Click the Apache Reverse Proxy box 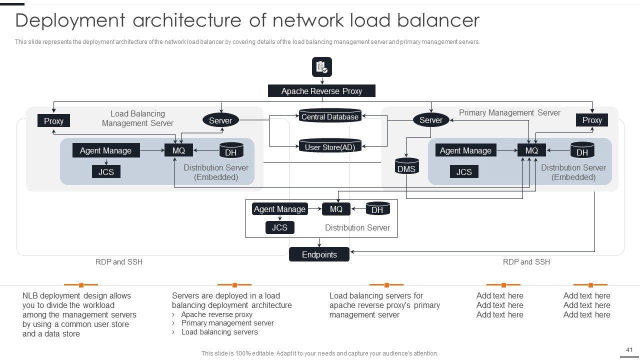point(321,91)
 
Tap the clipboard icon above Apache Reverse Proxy point(321,67)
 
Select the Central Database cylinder point(330,116)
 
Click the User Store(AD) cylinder point(330,147)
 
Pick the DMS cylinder point(406,167)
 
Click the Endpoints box point(319,254)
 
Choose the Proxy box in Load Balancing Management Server point(53,120)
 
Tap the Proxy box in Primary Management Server point(592,120)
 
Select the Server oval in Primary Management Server point(430,120)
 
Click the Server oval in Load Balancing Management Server point(220,120)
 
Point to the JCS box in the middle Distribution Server point(279,227)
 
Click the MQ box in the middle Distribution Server point(336,209)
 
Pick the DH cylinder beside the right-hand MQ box point(582,150)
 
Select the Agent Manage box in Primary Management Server point(465,150)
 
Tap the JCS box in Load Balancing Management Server point(106,172)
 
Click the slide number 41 point(629,350)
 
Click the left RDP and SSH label point(119,262)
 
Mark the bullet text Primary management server point(227,323)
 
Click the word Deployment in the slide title point(69,20)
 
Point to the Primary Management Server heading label point(509,113)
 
